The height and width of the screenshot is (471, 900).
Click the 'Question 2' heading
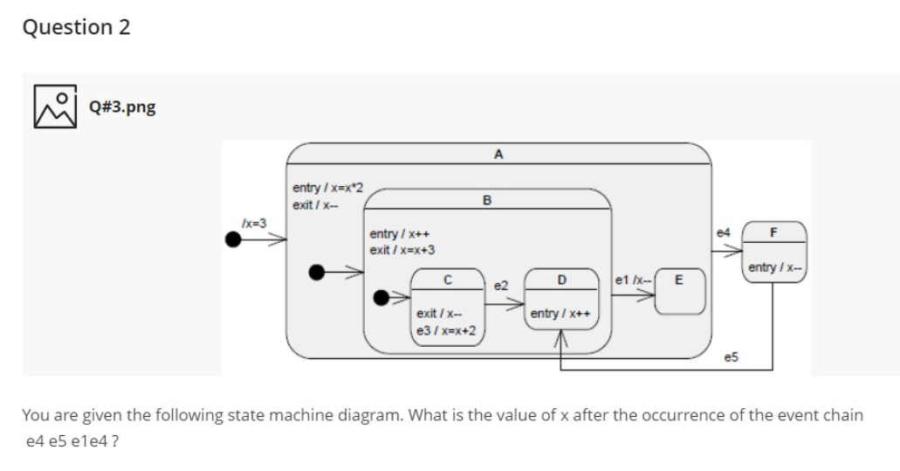(x=77, y=27)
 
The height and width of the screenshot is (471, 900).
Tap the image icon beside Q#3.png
(x=52, y=107)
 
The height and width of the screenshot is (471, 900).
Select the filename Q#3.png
(x=123, y=107)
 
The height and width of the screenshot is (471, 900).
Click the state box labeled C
(x=447, y=307)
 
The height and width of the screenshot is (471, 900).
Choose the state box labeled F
(x=773, y=250)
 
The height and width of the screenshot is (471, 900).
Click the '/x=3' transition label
(x=252, y=224)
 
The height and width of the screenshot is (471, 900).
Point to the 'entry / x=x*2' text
(x=328, y=188)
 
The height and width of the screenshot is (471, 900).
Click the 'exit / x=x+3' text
(x=403, y=250)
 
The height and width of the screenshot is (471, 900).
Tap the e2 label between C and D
(x=501, y=286)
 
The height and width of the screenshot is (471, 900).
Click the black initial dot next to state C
(x=381, y=298)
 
